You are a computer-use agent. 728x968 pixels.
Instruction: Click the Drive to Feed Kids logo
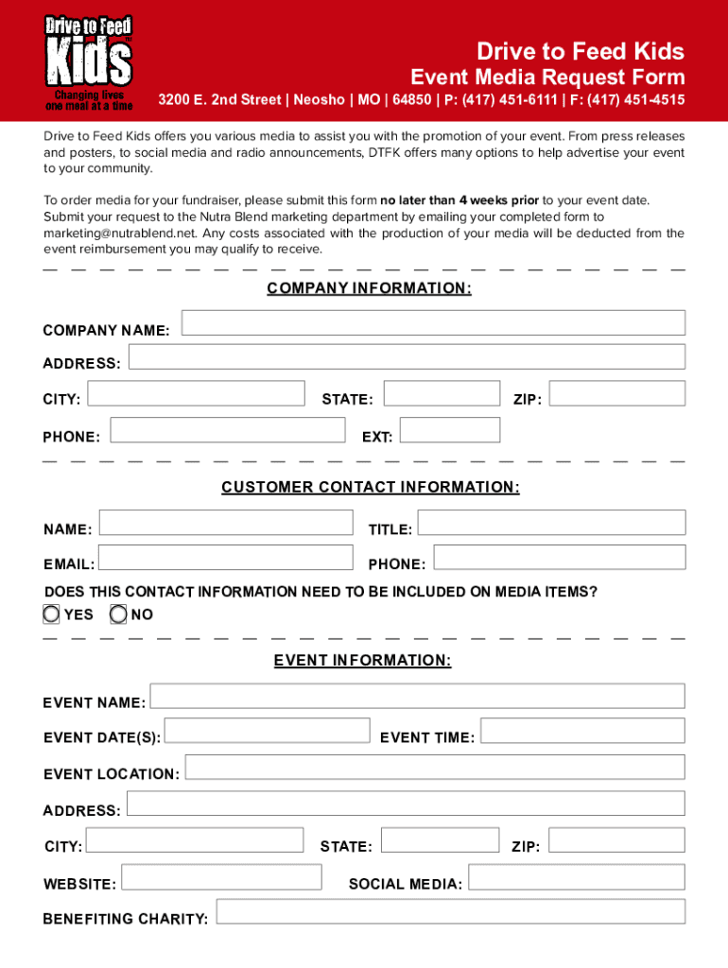click(90, 62)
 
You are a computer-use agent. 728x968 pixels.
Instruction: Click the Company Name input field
click(433, 323)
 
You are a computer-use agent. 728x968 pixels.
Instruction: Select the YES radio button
click(51, 614)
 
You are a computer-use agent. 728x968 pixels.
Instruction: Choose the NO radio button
click(118, 614)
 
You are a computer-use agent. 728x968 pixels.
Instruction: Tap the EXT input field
click(449, 430)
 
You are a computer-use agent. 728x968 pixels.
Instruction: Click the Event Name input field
click(417, 697)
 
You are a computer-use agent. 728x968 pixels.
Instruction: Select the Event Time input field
click(582, 731)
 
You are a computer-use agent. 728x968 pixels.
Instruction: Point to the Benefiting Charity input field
click(451, 912)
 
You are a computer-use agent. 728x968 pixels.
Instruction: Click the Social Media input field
click(577, 878)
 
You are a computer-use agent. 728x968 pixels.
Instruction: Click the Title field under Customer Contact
click(551, 523)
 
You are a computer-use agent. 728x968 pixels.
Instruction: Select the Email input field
click(226, 558)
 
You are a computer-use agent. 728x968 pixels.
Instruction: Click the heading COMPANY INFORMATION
click(369, 288)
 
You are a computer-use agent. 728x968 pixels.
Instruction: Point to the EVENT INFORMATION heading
click(362, 660)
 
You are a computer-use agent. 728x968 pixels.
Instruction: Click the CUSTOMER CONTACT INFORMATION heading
click(370, 487)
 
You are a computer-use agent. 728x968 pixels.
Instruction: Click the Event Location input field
click(435, 767)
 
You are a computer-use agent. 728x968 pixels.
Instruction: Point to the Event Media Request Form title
click(546, 77)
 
